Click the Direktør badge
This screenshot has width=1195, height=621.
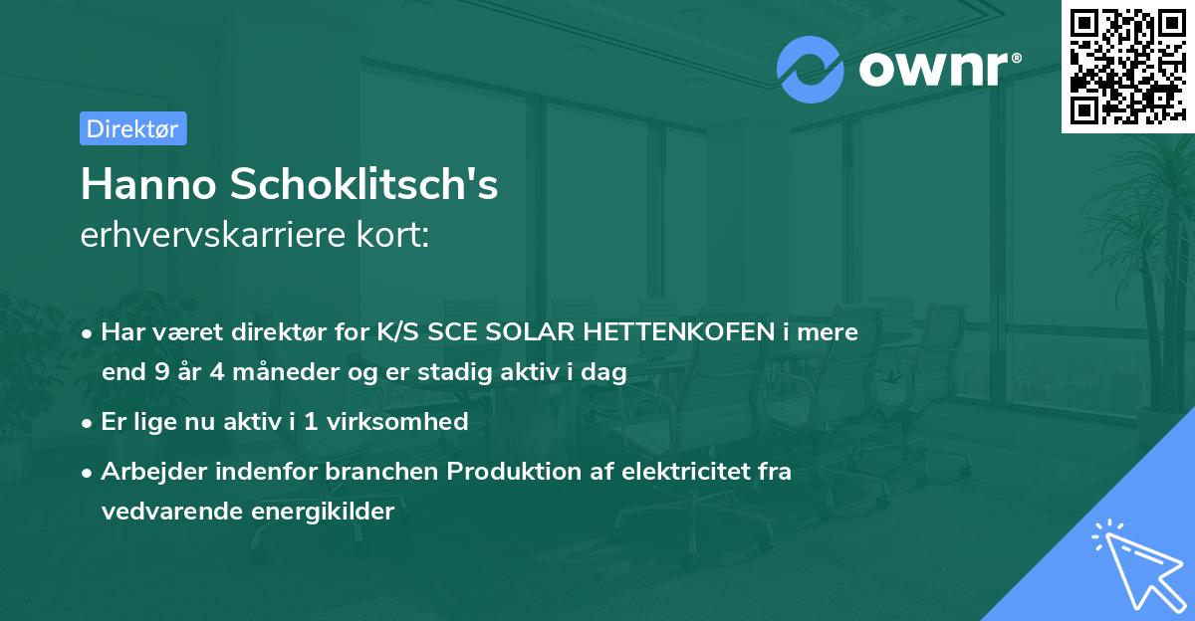click(132, 128)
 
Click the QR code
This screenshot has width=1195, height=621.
click(1127, 67)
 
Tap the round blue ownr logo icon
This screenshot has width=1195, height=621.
click(811, 69)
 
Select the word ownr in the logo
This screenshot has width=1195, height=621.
click(932, 69)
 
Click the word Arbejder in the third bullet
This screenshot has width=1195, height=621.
click(148, 471)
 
